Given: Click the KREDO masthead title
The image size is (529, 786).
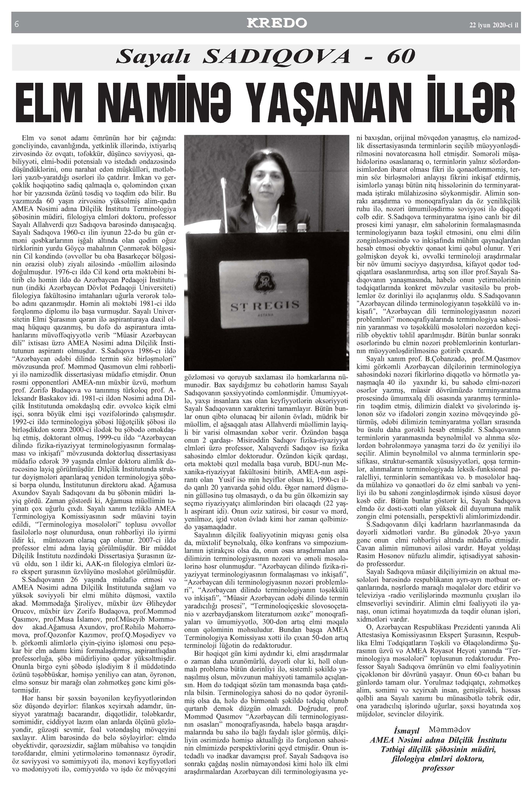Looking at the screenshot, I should pos(277,23).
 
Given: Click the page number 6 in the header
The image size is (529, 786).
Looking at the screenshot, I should pos(16,24).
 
